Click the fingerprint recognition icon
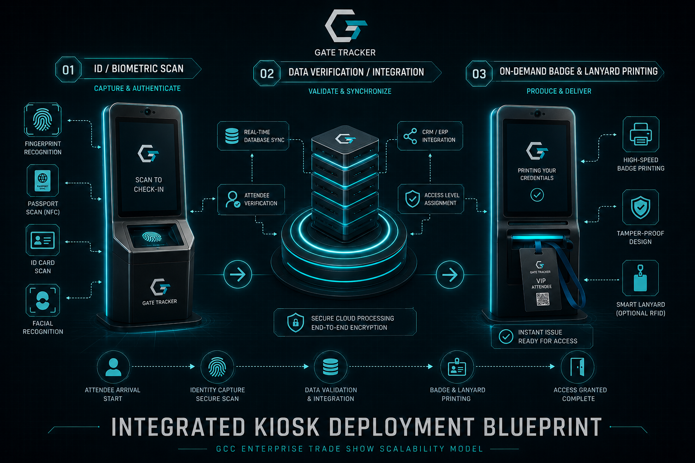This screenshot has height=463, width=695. click(43, 120)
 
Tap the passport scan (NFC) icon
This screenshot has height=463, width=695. click(43, 180)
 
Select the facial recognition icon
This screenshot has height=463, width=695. click(43, 300)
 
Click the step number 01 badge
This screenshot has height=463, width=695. click(68, 70)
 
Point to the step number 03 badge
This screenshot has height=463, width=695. click(479, 74)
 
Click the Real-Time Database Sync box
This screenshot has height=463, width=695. click(253, 136)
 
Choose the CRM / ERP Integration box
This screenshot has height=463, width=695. click(430, 136)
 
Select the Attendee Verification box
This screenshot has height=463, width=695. click(251, 199)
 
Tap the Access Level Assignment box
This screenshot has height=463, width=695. click(431, 199)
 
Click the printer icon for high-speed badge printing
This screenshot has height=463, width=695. click(641, 134)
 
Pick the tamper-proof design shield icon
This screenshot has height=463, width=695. click(640, 207)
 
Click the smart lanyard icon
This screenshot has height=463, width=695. click(640, 278)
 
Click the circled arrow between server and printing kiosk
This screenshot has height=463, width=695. click(450, 274)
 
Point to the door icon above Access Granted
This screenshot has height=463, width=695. click(577, 367)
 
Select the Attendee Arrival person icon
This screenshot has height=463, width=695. click(113, 367)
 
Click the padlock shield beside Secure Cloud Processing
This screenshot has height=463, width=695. click(295, 322)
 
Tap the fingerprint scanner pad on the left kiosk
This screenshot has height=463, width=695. click(152, 237)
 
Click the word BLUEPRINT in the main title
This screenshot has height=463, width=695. click(543, 427)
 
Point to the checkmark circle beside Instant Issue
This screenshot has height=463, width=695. click(506, 336)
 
